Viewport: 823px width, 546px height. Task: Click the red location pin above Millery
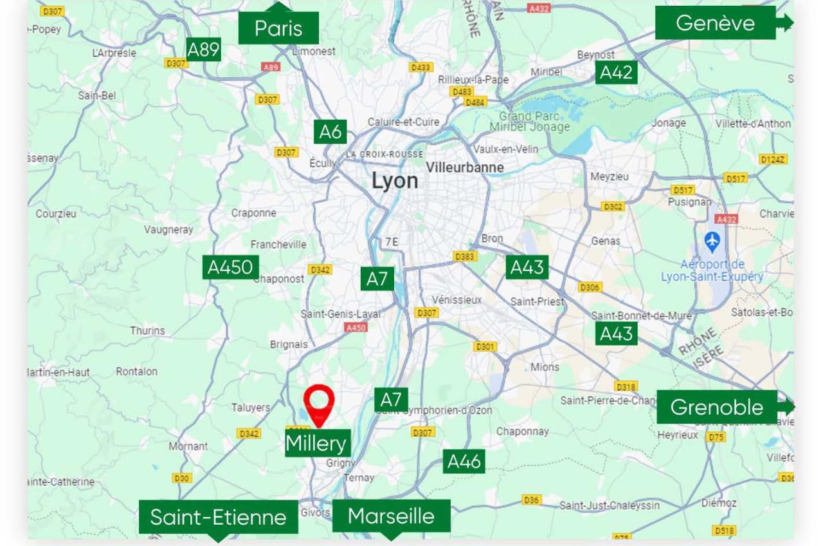[x=319, y=402]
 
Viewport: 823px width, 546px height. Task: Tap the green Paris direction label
[x=278, y=28]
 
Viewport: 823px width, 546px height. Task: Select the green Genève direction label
[x=715, y=23]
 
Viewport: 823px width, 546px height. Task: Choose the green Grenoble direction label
[x=716, y=407]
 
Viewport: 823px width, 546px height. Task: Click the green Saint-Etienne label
[x=218, y=516]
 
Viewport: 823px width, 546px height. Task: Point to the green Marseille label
[x=391, y=516]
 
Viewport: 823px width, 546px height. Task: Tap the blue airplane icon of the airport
[x=712, y=242]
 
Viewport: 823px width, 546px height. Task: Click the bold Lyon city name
[x=395, y=181]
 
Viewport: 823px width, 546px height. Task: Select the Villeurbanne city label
[x=465, y=167]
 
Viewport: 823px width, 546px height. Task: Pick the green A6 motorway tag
[x=330, y=132]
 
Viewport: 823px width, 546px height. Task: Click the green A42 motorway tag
[x=616, y=73]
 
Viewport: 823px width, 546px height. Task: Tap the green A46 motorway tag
[x=464, y=462]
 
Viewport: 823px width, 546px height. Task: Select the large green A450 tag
[x=230, y=267]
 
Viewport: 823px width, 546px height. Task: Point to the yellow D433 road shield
[x=421, y=67]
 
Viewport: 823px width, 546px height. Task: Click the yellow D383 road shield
[x=465, y=257]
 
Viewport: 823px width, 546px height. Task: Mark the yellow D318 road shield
[x=626, y=386]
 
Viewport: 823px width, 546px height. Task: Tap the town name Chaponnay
[x=522, y=431]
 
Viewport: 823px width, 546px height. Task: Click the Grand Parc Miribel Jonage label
[x=529, y=122]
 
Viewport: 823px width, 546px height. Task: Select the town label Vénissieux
[x=457, y=300]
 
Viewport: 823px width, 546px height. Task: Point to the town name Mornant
[x=188, y=446]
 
